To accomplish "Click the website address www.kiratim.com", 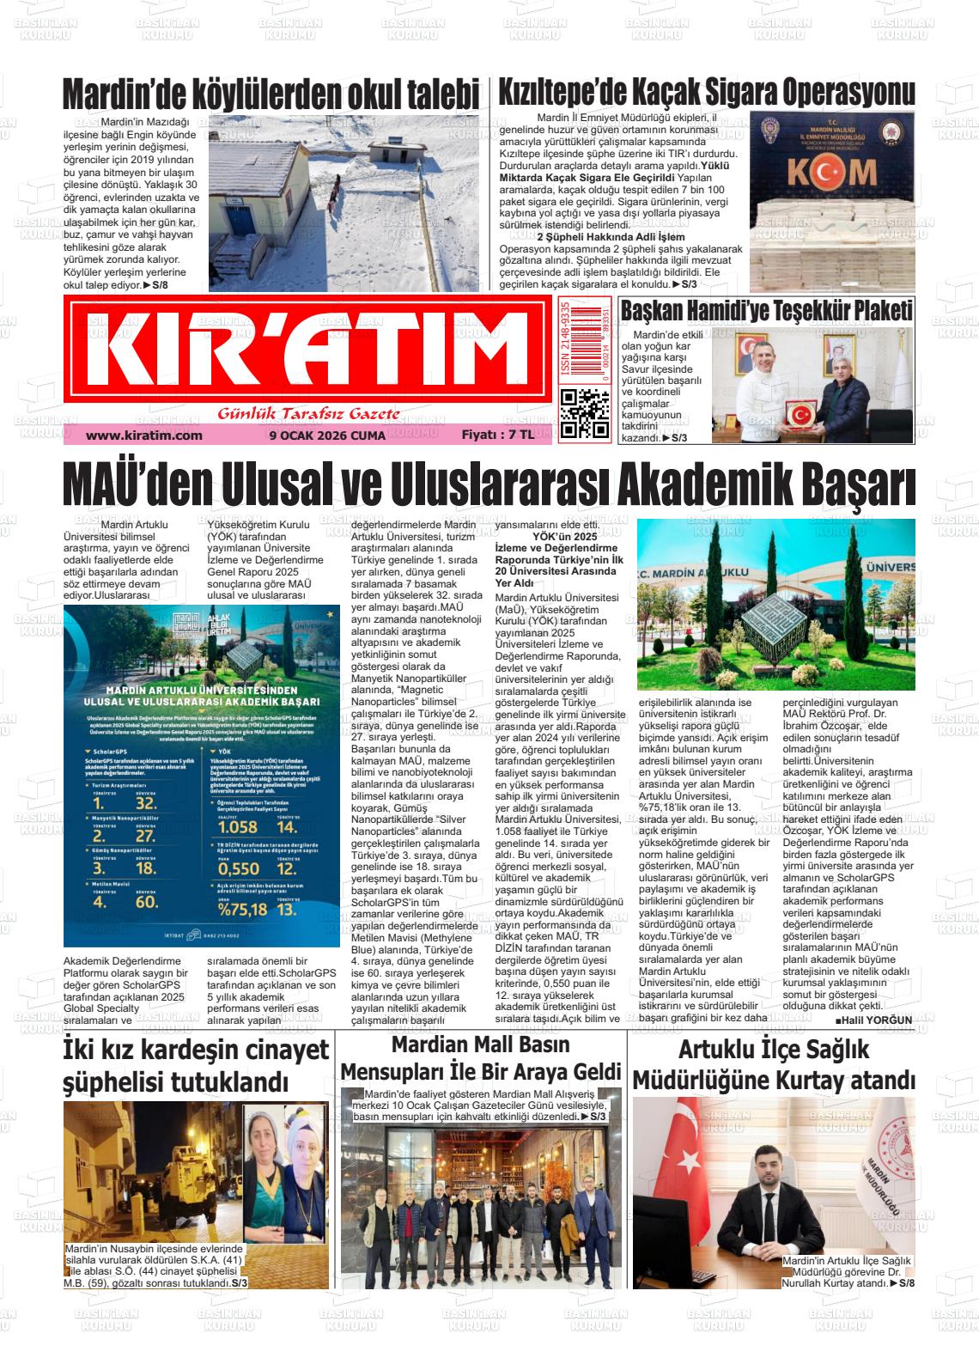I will [143, 435].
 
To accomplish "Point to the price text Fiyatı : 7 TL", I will [497, 435].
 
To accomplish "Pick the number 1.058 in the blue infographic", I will [238, 827].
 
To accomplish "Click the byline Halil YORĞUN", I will [873, 1020].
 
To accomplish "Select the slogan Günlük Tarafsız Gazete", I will [308, 415].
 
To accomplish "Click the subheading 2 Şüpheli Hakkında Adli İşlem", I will [611, 236].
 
